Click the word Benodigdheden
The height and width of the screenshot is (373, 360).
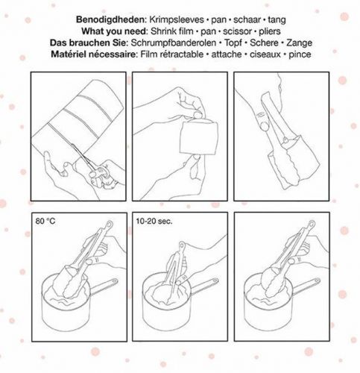[x=110, y=19]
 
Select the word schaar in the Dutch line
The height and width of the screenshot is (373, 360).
[x=247, y=19]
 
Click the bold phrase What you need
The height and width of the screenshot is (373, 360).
[x=114, y=31]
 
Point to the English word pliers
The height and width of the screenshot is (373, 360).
[x=270, y=31]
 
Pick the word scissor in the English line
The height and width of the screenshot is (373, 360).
[x=237, y=31]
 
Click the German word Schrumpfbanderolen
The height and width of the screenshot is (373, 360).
[x=174, y=43]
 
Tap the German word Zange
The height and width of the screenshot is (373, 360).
[x=299, y=43]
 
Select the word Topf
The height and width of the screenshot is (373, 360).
[x=233, y=43]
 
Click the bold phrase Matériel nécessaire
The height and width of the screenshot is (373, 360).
[x=94, y=54]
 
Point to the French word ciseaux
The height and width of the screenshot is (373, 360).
[x=265, y=54]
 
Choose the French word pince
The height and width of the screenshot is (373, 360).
[x=300, y=54]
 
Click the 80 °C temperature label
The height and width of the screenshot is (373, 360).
[x=45, y=221]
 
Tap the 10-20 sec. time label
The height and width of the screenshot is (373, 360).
[x=154, y=221]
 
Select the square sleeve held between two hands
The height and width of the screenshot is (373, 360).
[x=199, y=137]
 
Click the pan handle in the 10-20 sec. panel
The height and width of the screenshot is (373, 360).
[x=204, y=286]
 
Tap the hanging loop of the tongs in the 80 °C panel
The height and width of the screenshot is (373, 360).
[x=110, y=225]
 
